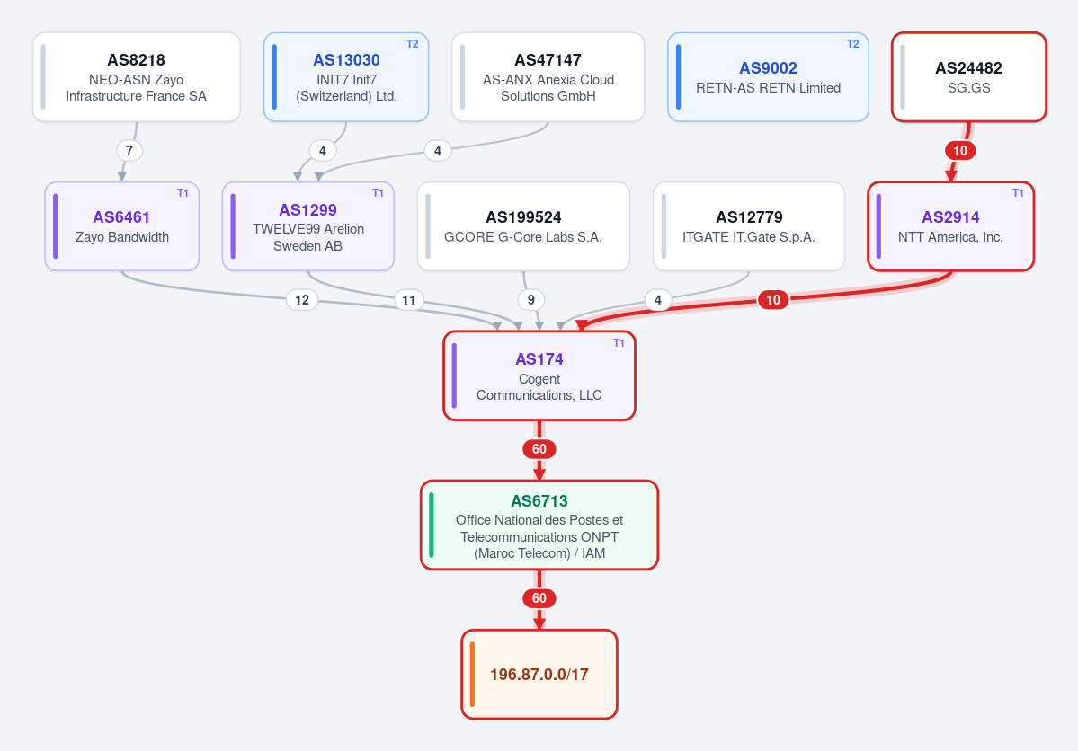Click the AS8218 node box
137,77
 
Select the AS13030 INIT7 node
346,77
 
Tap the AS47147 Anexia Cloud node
548,77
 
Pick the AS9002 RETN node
768,77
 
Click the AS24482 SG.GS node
968,77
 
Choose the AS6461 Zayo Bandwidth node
121,226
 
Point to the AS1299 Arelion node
308,226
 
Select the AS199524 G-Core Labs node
523,226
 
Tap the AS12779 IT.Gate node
749,226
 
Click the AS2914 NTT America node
951,226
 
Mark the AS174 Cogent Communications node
539,375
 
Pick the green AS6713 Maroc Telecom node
539,525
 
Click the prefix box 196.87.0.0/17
539,674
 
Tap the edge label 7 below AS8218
129,151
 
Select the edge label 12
302,299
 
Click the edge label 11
408,299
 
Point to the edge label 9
530,299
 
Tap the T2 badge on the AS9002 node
852,44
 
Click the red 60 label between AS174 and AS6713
539,448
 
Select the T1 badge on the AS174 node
619,343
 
